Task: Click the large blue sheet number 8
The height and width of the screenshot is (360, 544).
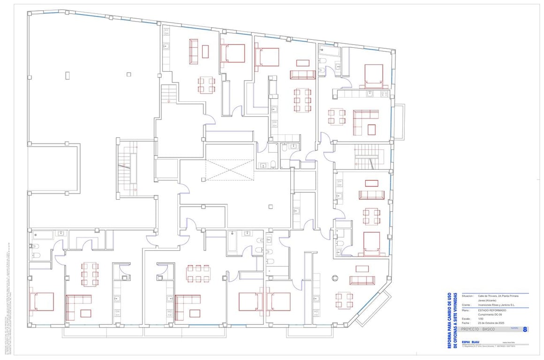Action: [x=525, y=330]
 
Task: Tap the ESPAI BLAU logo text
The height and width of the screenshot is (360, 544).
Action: [x=471, y=342]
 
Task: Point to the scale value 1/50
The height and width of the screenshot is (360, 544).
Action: [x=481, y=319]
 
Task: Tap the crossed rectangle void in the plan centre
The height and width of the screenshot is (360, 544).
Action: [x=229, y=169]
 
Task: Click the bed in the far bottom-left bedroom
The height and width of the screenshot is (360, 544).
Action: [x=42, y=301]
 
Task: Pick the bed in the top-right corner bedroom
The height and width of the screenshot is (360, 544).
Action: [x=373, y=75]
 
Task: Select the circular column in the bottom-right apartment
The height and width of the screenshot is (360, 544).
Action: [x=335, y=278]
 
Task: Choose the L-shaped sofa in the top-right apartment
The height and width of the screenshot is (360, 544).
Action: [x=364, y=121]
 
